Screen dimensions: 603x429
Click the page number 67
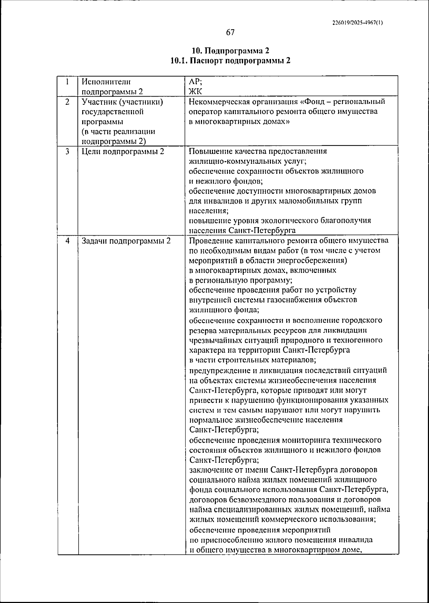(230, 33)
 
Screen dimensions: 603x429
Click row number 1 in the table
(67, 82)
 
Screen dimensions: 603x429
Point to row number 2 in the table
(67, 102)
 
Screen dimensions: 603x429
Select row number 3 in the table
(67, 151)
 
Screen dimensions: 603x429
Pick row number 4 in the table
(67, 241)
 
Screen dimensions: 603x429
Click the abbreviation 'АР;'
(195, 82)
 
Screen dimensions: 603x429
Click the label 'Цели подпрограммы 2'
(123, 151)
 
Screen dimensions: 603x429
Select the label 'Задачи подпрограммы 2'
(126, 241)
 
